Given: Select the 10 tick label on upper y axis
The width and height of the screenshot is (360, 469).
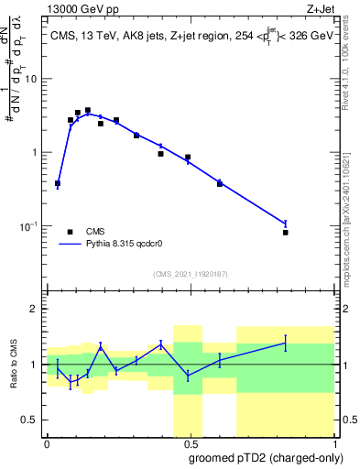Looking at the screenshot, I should [30, 79].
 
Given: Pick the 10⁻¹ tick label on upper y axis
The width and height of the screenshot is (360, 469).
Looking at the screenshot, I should [28, 226].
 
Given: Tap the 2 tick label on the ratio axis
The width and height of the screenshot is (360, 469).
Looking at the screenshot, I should [35, 309].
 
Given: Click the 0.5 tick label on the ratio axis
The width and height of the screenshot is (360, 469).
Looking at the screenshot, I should [30, 420].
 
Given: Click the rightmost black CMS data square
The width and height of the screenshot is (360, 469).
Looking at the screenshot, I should [286, 233].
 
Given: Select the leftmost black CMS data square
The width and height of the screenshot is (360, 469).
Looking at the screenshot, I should [58, 183].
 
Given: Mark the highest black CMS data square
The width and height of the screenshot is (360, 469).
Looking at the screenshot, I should [88, 111].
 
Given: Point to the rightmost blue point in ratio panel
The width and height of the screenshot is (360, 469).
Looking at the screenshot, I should [286, 343].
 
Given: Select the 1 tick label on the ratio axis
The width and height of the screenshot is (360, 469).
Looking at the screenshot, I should [35, 365].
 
